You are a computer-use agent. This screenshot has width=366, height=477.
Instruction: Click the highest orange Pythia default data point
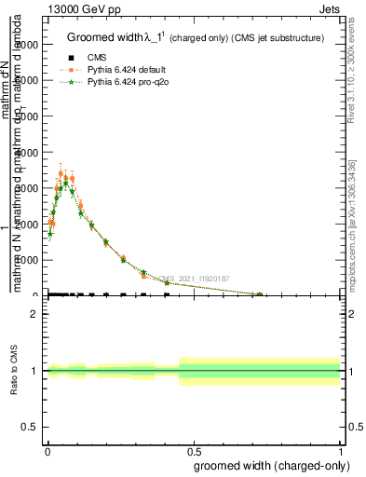point(61,174)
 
